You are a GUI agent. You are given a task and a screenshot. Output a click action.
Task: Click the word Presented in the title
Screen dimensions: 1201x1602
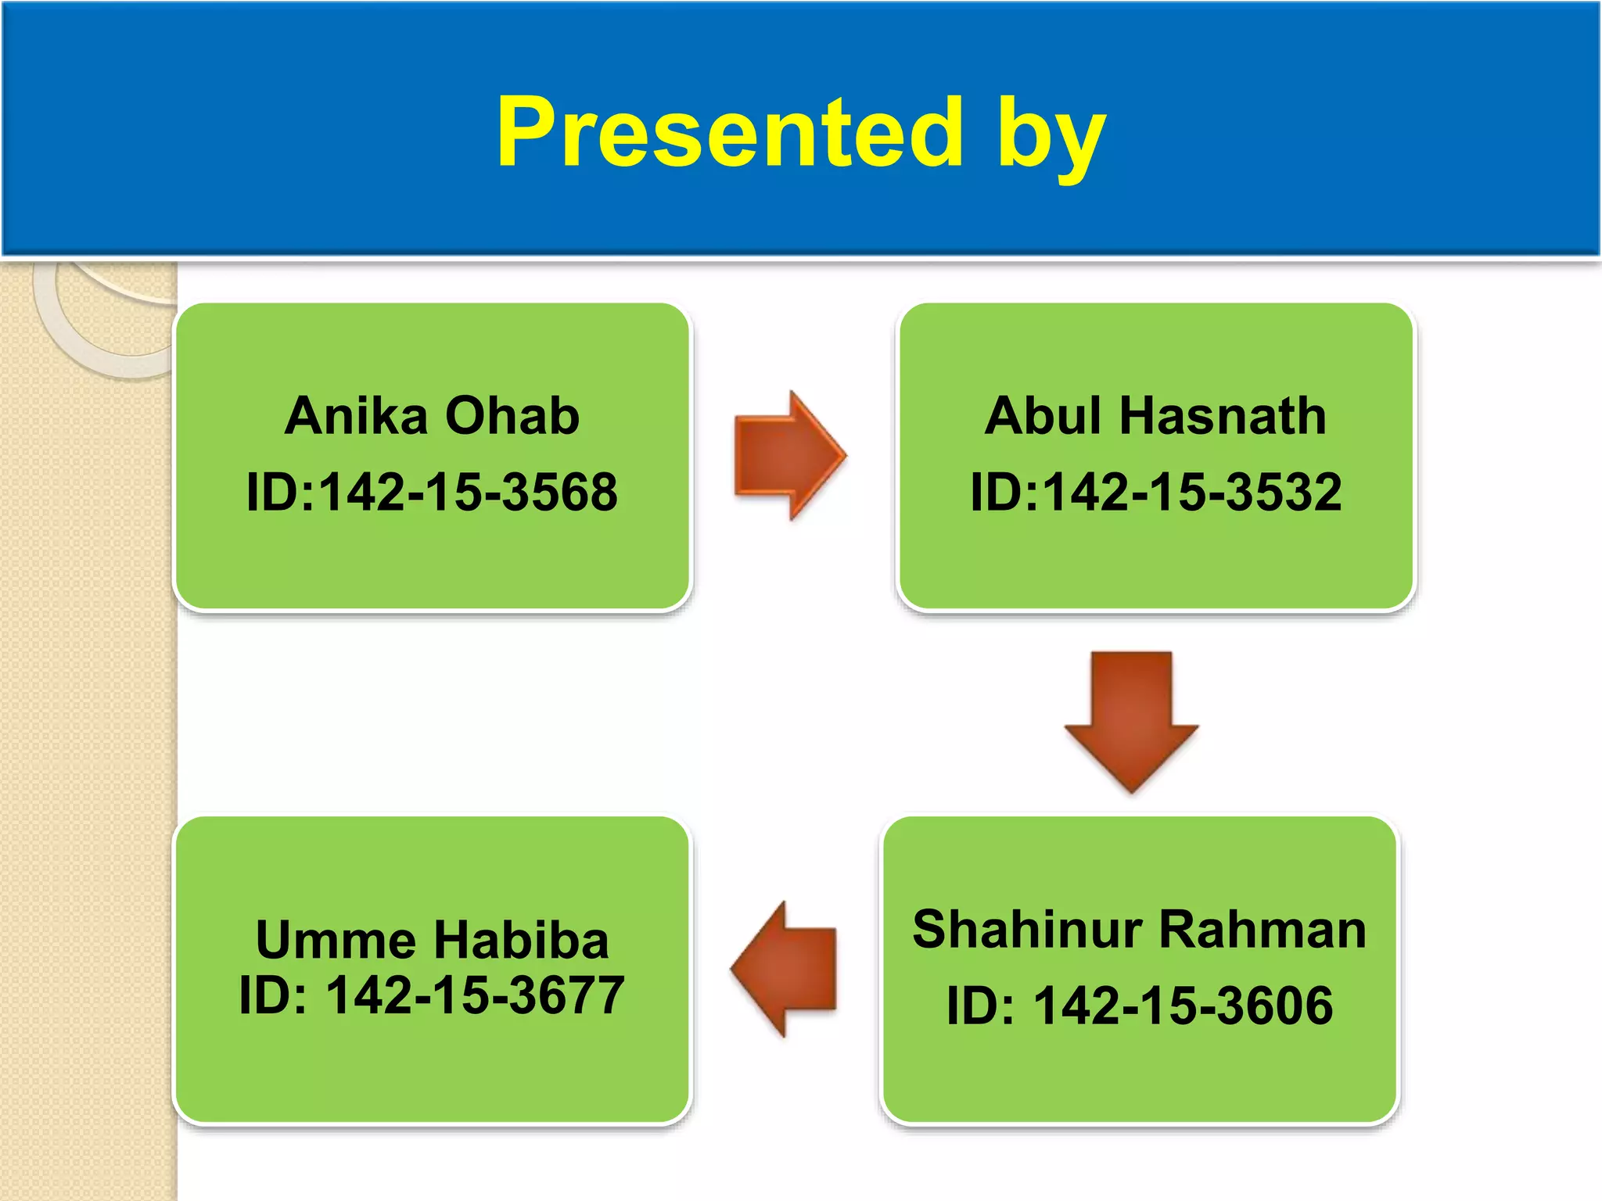click(729, 133)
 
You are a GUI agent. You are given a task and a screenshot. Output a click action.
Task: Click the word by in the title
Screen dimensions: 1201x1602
click(1051, 137)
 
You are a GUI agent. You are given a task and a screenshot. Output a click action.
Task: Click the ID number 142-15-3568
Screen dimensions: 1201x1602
click(468, 493)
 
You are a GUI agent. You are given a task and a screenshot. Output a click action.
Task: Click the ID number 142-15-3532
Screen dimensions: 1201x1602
click(1192, 493)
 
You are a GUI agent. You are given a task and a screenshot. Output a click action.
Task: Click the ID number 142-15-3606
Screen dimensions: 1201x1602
click(1183, 1006)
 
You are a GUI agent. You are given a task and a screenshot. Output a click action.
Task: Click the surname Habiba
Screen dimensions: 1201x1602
click(521, 940)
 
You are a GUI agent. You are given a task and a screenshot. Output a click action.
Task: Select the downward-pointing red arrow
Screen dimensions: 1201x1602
click(1131, 719)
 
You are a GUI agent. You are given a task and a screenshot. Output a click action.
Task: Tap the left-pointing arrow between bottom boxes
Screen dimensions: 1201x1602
click(785, 970)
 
